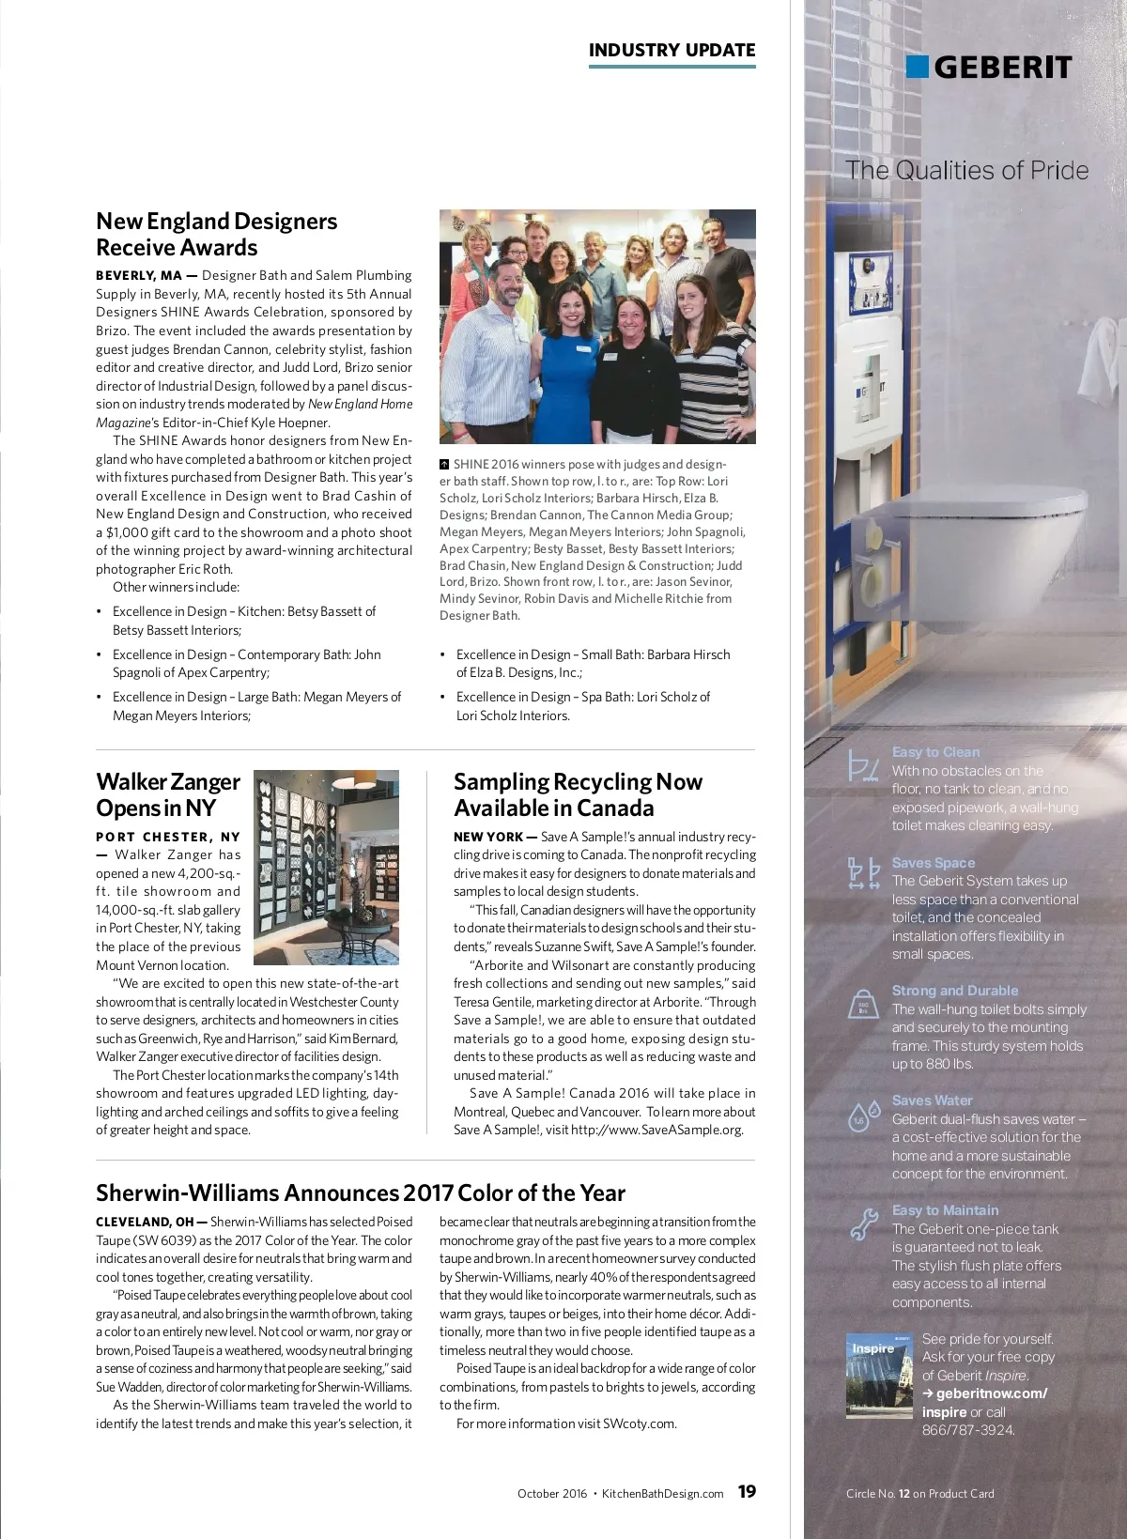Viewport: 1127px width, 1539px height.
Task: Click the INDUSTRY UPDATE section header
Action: coord(672,51)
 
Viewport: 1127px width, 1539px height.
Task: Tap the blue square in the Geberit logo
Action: coord(917,67)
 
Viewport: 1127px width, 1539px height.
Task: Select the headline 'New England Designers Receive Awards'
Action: coord(216,234)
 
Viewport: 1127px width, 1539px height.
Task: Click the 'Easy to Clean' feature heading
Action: coord(935,752)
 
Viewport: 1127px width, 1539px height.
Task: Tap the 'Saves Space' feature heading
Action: coord(934,863)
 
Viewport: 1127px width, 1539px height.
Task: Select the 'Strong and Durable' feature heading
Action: coord(954,991)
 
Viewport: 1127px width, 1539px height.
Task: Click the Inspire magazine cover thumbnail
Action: coord(879,1375)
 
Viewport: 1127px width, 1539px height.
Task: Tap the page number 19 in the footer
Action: coord(747,1492)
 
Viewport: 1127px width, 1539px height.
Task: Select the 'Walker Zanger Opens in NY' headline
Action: coord(168,794)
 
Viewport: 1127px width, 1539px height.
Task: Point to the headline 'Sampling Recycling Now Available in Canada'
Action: coord(578,794)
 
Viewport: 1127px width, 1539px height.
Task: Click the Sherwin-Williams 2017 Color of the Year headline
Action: coord(361,1193)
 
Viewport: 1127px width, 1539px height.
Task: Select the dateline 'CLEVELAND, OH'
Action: coord(145,1222)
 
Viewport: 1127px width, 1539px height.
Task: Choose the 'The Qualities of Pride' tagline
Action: coord(966,170)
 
